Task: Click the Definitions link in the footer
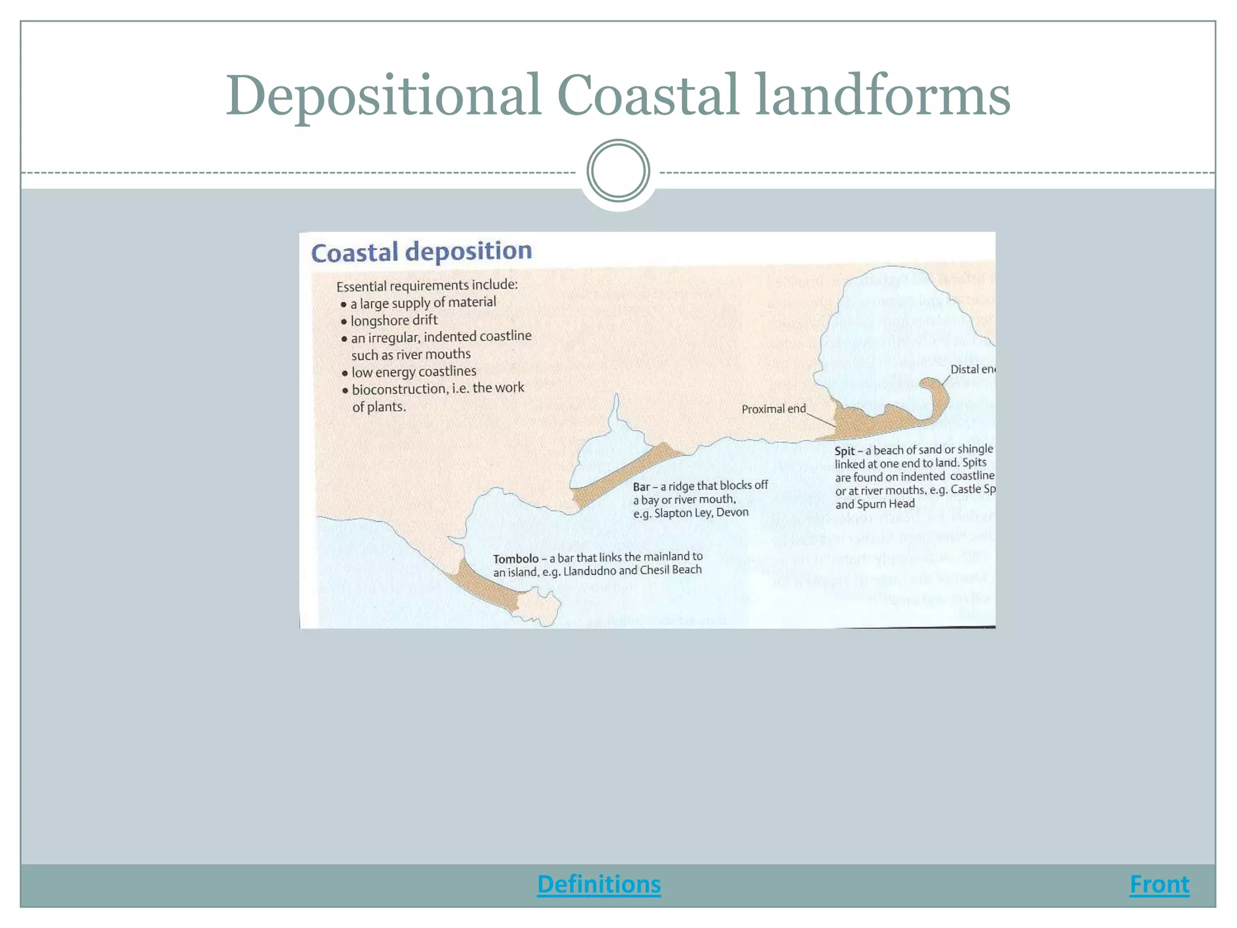599,884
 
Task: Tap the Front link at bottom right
1159,884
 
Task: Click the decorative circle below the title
618,171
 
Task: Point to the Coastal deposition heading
421,251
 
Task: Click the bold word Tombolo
515,559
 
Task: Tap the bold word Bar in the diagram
641,487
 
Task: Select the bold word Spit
844,451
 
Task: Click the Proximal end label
773,409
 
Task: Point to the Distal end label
972,369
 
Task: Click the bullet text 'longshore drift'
394,320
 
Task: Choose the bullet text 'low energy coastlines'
414,372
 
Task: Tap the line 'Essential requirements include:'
427,285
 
